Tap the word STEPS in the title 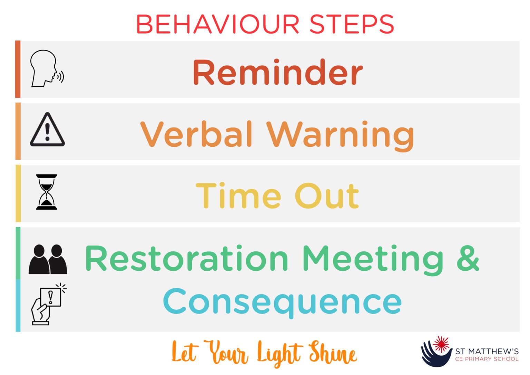352,25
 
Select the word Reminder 278,73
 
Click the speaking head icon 46,69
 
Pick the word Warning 341,135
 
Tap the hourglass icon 47,192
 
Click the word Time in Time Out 238,196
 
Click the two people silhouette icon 48,259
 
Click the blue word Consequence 282,302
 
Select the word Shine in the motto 333,353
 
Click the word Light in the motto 279,354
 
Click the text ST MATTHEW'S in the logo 487,352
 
